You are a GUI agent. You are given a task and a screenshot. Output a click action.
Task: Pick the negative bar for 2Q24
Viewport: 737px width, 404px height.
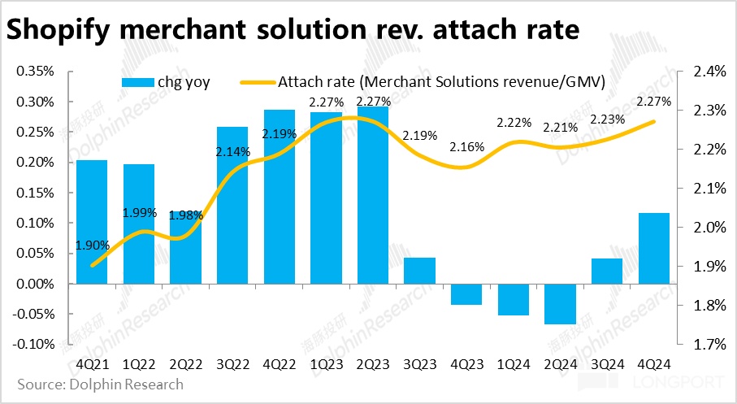pos(561,303)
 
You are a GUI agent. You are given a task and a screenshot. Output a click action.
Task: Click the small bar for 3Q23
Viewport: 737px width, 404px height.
pos(420,271)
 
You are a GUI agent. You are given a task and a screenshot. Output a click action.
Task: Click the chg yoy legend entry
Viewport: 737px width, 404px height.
pos(167,82)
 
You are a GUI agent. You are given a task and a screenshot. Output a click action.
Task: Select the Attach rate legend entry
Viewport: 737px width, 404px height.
pos(423,82)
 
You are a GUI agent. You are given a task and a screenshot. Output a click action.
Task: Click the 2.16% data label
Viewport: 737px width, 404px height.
pos(467,147)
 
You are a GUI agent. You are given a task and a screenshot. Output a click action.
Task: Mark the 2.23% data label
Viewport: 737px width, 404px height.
pos(608,119)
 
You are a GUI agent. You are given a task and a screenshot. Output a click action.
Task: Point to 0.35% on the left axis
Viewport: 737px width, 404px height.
pos(35,72)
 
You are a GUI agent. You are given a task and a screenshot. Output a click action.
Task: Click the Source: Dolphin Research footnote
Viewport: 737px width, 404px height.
pos(101,384)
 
